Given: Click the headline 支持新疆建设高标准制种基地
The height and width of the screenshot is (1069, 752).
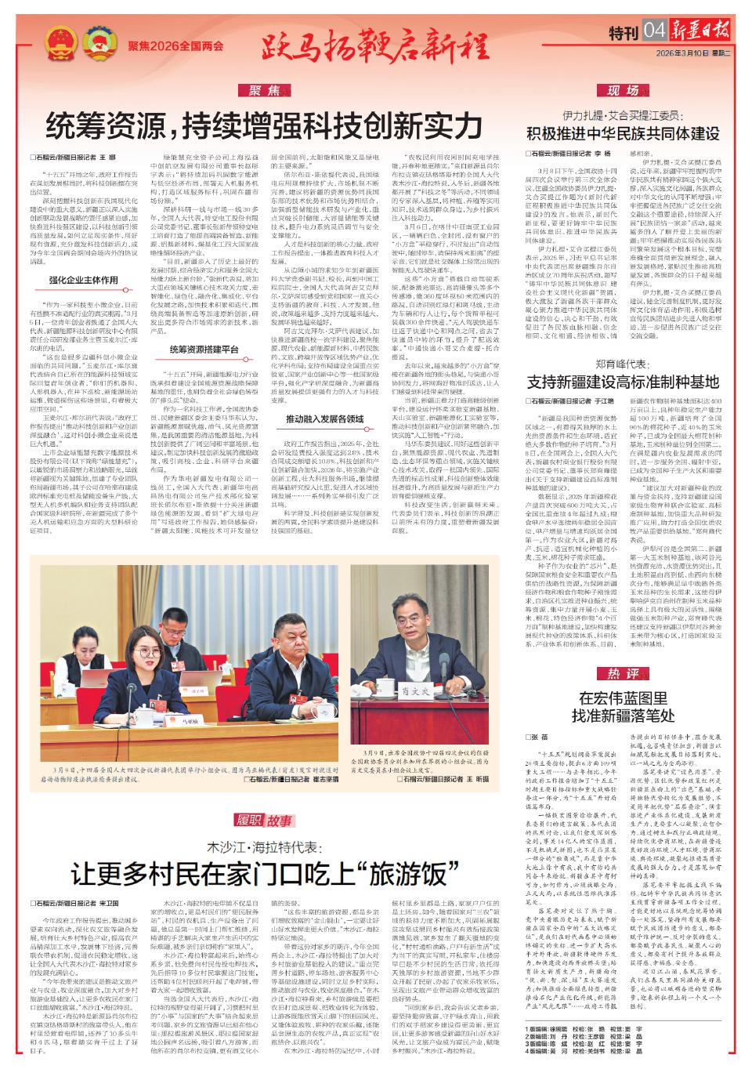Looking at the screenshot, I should point(624,382).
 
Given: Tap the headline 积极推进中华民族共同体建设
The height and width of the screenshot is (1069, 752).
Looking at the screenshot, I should point(624,132).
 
